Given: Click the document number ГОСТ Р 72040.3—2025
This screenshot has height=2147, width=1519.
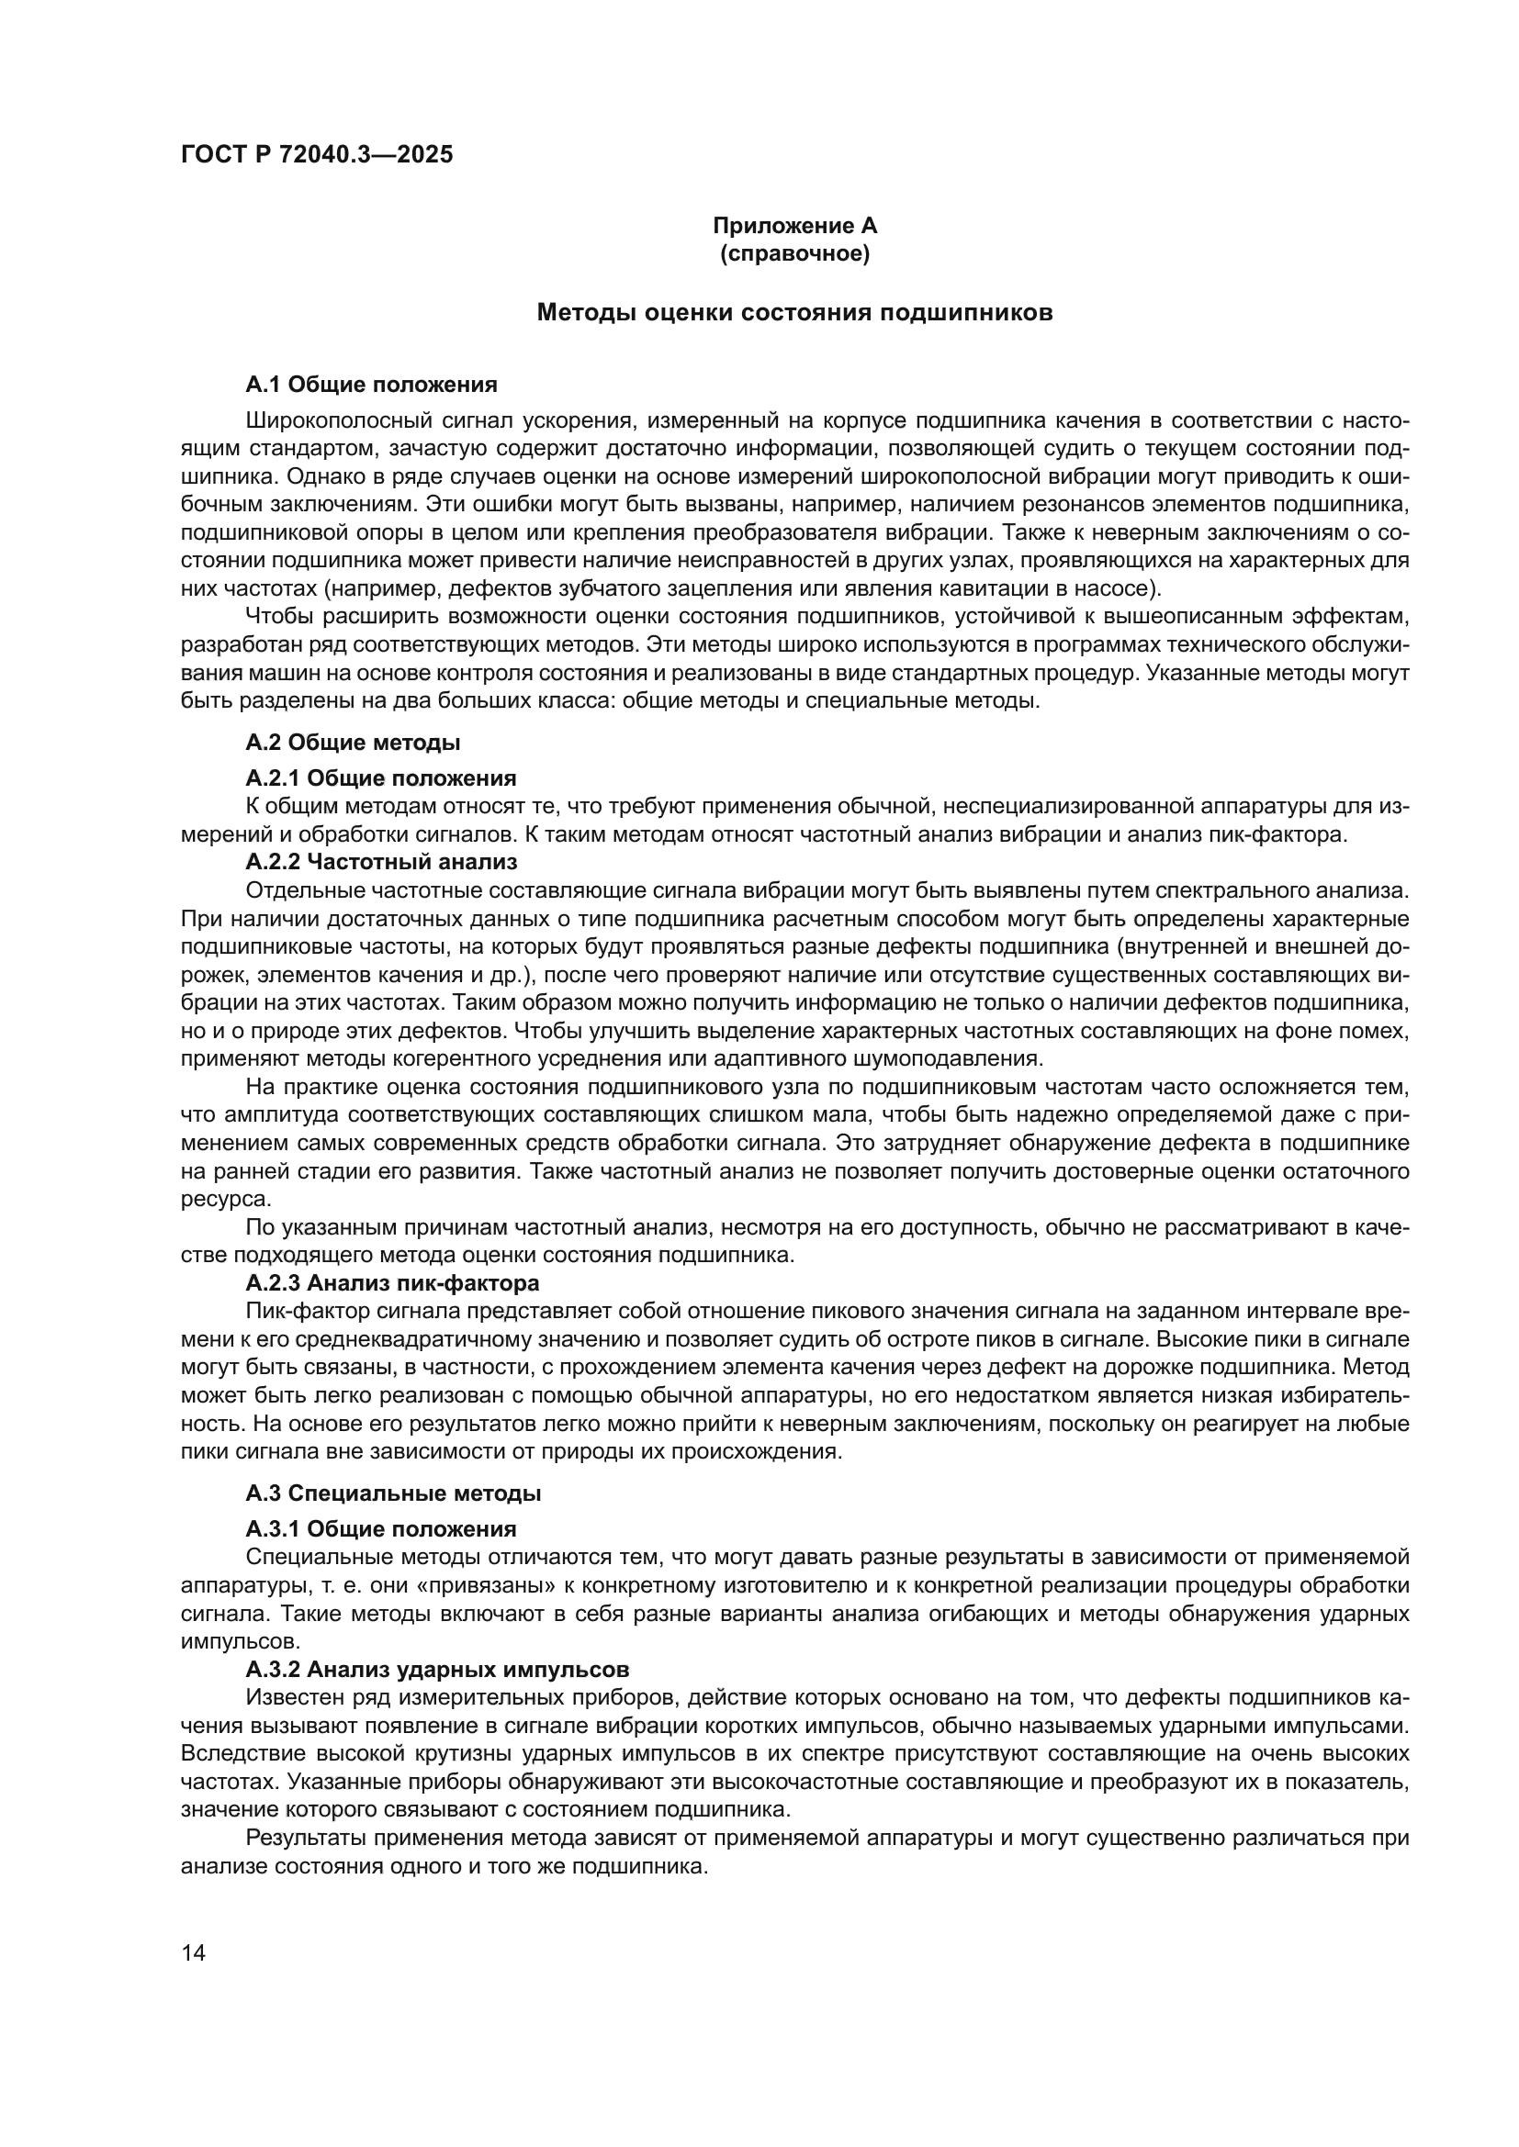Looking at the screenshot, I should point(316,155).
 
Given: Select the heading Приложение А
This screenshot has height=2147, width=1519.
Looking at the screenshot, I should point(794,226).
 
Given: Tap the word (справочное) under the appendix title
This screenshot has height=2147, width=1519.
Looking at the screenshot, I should point(794,253).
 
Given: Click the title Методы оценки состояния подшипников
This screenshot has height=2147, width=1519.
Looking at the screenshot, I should point(794,313).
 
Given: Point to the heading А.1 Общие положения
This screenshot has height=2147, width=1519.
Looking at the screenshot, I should point(371,385).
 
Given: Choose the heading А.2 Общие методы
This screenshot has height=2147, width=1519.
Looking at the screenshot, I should point(353,743).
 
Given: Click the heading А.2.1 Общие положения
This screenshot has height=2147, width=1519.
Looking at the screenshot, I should point(381,778).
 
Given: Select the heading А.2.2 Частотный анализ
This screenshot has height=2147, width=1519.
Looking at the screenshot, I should point(381,861).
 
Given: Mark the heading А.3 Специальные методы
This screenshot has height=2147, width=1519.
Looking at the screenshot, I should point(393,1493).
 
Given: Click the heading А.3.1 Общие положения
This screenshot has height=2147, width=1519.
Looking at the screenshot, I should point(381,1529).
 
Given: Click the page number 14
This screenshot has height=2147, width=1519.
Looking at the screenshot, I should point(194,1952).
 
